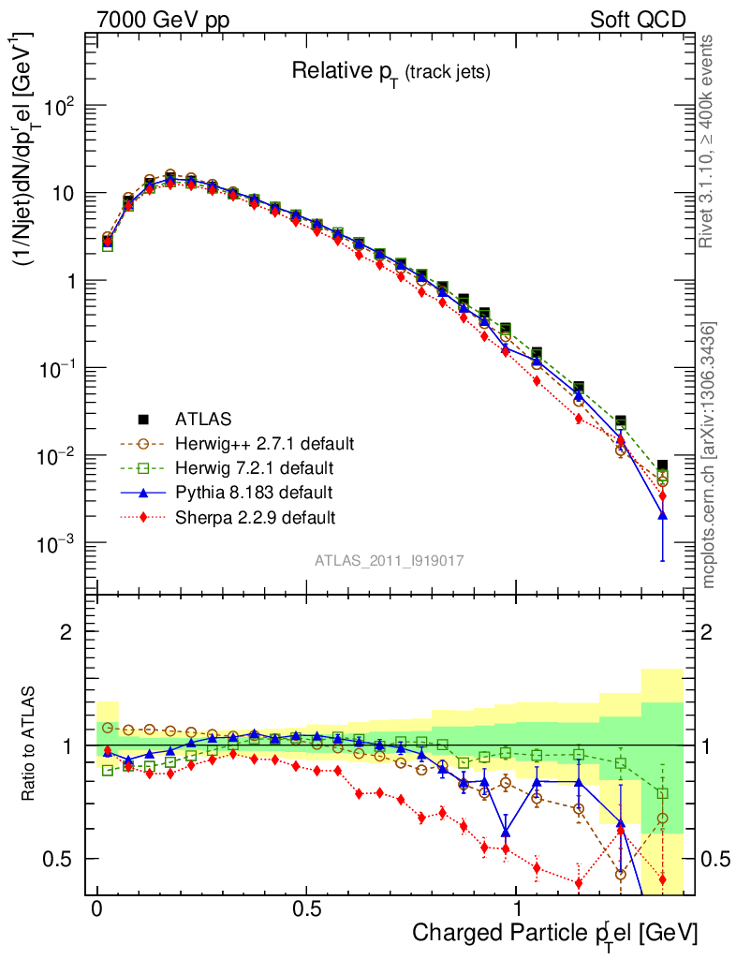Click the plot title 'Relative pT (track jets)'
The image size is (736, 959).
tap(390, 71)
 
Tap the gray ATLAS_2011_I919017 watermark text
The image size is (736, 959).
tap(390, 560)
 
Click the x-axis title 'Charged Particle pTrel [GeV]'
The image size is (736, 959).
tap(555, 933)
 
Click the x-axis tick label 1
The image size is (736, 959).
tap(517, 908)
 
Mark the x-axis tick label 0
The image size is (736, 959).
tap(97, 908)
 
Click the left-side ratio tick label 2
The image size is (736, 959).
tap(66, 631)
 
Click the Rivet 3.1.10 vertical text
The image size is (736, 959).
tap(709, 140)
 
